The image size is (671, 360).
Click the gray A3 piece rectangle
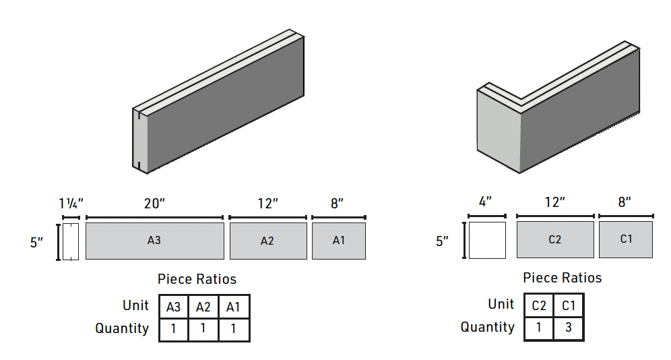click(x=154, y=241)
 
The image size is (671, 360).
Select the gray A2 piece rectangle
click(x=267, y=241)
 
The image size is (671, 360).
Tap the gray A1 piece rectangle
click(x=339, y=241)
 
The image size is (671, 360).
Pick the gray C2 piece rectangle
click(x=555, y=239)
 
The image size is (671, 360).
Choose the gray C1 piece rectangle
click(x=626, y=239)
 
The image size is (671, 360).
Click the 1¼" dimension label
click(x=70, y=203)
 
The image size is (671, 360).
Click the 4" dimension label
click(x=486, y=202)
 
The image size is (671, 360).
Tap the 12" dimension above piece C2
click(x=554, y=202)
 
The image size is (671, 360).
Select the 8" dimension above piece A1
click(x=338, y=203)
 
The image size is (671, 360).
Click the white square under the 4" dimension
click(x=487, y=240)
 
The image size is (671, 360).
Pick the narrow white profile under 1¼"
click(x=71, y=241)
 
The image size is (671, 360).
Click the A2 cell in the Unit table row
click(x=203, y=307)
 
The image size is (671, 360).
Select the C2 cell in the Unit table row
click(x=539, y=305)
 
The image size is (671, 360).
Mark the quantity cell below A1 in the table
click(x=234, y=330)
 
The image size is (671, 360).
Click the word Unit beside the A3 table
click(x=136, y=305)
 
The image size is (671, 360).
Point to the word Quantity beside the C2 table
click(x=488, y=328)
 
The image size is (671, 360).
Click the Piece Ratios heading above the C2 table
click(x=562, y=278)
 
